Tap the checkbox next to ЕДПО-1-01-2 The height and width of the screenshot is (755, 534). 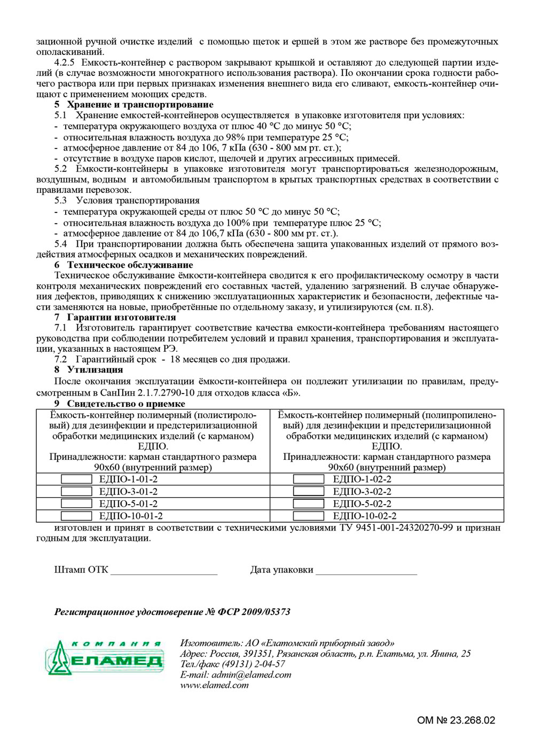click(76, 479)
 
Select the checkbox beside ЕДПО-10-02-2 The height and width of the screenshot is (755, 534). click(309, 516)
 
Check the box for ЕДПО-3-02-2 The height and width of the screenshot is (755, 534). click(309, 491)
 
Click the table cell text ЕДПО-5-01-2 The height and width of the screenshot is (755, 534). click(128, 504)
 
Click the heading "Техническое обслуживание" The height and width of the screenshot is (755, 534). click(130, 265)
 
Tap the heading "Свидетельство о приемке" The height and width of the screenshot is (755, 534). click(126, 404)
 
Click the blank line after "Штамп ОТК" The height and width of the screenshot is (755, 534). click(164, 571)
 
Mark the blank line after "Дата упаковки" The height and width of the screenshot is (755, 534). click(366, 571)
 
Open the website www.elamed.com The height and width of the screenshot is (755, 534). click(215, 685)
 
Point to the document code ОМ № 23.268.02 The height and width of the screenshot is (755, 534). click(456, 720)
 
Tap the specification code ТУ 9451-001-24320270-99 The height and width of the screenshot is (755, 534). click(396, 528)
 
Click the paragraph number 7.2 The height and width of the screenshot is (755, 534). click(61, 359)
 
